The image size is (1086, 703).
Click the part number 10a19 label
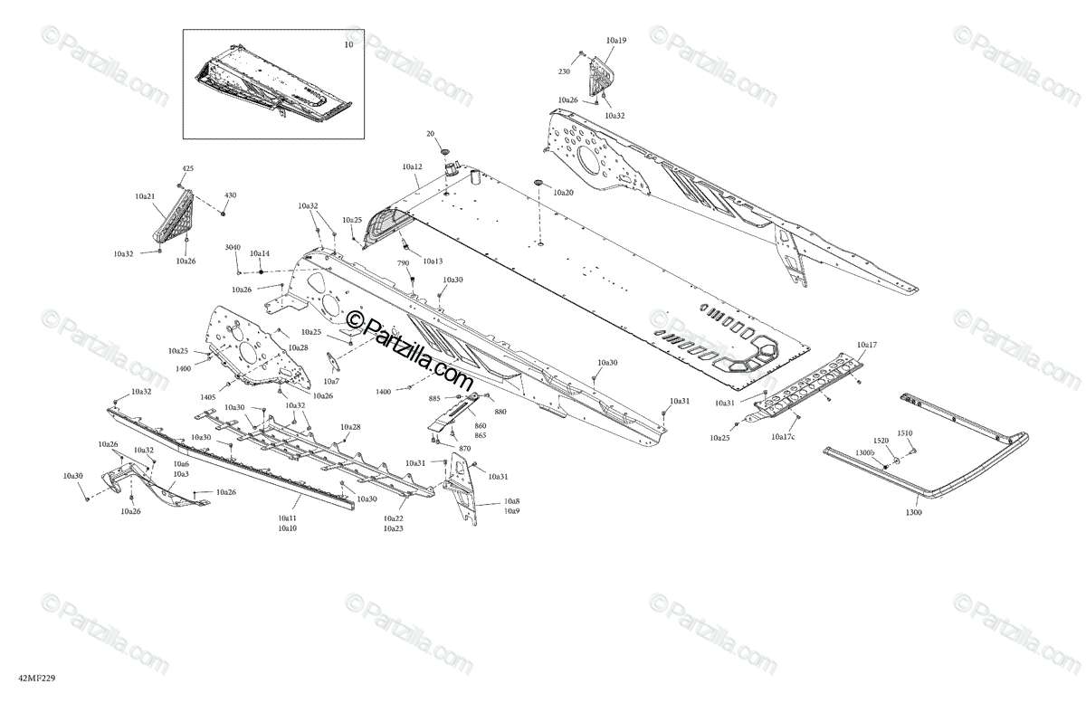pyautogui.click(x=616, y=41)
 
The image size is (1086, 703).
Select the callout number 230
pyautogui.click(x=564, y=71)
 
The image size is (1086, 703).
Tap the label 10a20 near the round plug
pyautogui.click(x=563, y=193)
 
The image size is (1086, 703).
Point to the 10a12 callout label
pyautogui.click(x=412, y=166)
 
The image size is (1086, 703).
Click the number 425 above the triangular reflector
pyautogui.click(x=188, y=169)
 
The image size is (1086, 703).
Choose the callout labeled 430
pyautogui.click(x=230, y=195)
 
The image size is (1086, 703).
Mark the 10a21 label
pyautogui.click(x=145, y=196)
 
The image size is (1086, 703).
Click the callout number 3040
pyautogui.click(x=233, y=247)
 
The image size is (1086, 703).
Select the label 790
pyautogui.click(x=404, y=262)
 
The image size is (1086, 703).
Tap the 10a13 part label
pyautogui.click(x=433, y=261)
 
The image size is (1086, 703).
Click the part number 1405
pyautogui.click(x=208, y=397)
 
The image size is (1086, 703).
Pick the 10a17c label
pyautogui.click(x=783, y=437)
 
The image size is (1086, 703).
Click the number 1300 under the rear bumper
pyautogui.click(x=913, y=513)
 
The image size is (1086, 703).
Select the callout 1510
pyautogui.click(x=905, y=433)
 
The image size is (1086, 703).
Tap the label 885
pyautogui.click(x=434, y=398)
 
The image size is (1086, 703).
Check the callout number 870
pyautogui.click(x=464, y=449)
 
